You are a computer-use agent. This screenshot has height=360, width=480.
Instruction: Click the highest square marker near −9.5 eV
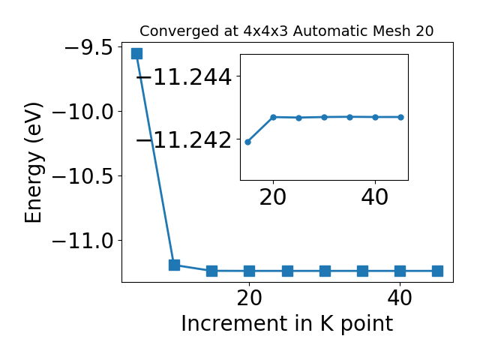click(136, 53)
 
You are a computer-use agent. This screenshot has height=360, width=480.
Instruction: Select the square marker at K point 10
click(174, 265)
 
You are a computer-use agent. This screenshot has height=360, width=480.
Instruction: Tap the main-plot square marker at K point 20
click(250, 271)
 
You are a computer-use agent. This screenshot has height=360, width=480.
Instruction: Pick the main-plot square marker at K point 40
click(400, 271)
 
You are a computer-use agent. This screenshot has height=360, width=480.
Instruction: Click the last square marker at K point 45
click(438, 271)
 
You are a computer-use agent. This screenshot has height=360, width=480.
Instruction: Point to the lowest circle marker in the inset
click(248, 142)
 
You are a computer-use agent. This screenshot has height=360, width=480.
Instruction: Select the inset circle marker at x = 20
click(273, 117)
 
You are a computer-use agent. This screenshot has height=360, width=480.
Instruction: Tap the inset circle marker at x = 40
click(375, 117)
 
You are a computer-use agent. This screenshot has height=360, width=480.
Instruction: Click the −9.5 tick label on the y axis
click(88, 48)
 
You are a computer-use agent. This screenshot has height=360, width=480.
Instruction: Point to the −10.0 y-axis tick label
click(82, 112)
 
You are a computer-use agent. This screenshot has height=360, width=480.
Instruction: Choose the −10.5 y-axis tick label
click(82, 177)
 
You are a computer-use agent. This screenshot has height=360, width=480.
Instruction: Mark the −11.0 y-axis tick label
click(82, 241)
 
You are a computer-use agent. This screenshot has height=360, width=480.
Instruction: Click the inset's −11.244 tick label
click(184, 76)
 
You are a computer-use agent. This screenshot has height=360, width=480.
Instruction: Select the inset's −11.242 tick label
click(184, 140)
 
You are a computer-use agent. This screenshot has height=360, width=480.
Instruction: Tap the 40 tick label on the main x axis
click(400, 298)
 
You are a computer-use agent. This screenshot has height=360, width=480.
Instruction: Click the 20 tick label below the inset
click(273, 197)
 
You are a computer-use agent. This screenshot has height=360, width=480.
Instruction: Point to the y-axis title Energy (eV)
click(33, 163)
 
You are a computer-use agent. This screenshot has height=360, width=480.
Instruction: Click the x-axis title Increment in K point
click(287, 323)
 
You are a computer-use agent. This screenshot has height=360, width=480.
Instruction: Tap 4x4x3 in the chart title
click(265, 31)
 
